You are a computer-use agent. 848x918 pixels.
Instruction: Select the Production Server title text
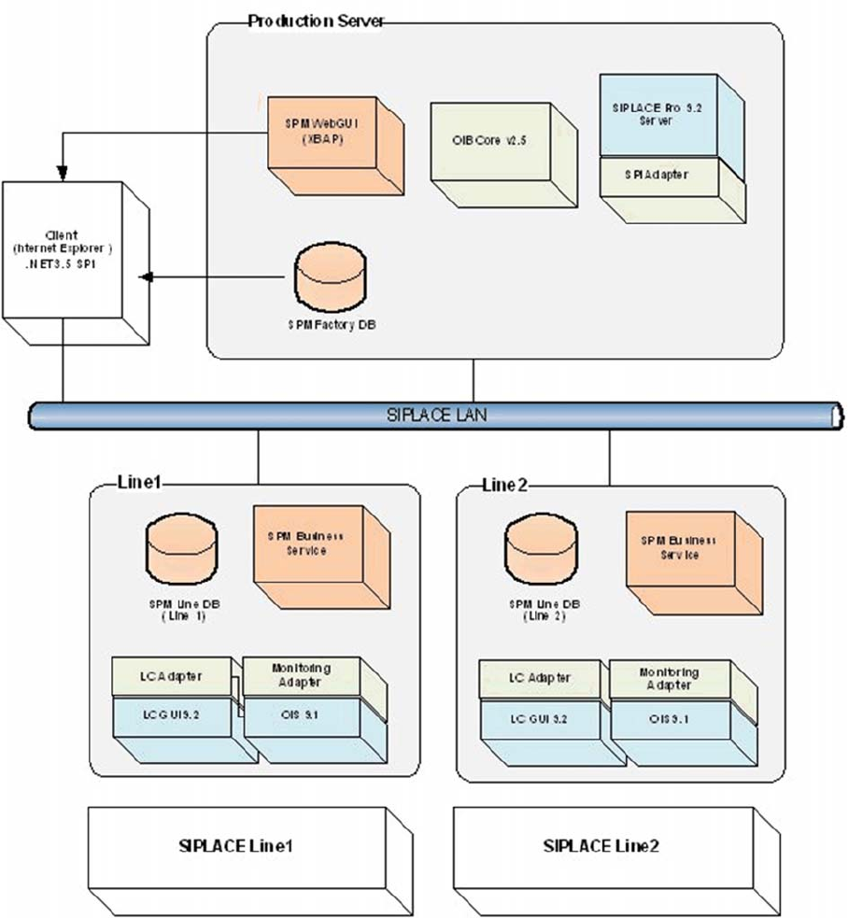point(316,21)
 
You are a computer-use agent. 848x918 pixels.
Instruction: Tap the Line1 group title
point(140,483)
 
